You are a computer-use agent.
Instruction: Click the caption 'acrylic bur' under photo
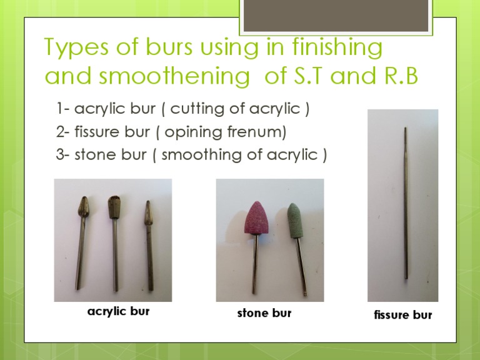118,311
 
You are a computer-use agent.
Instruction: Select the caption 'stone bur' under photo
264,312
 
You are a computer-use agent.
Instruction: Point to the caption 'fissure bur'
402,315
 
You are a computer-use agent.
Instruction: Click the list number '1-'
62,109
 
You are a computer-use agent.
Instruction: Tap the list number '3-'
62,155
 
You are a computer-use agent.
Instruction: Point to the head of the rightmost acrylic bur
147,213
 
